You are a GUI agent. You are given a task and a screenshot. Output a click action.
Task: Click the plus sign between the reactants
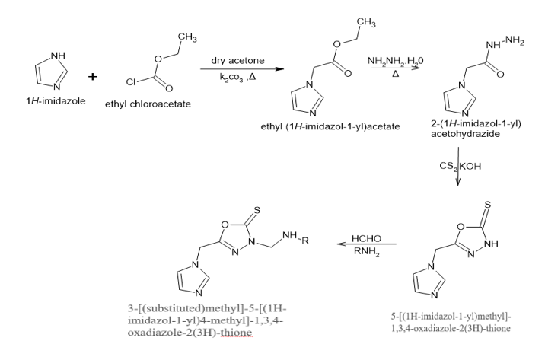point(93,77)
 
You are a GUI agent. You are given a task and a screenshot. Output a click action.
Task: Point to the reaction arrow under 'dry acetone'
point(237,71)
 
